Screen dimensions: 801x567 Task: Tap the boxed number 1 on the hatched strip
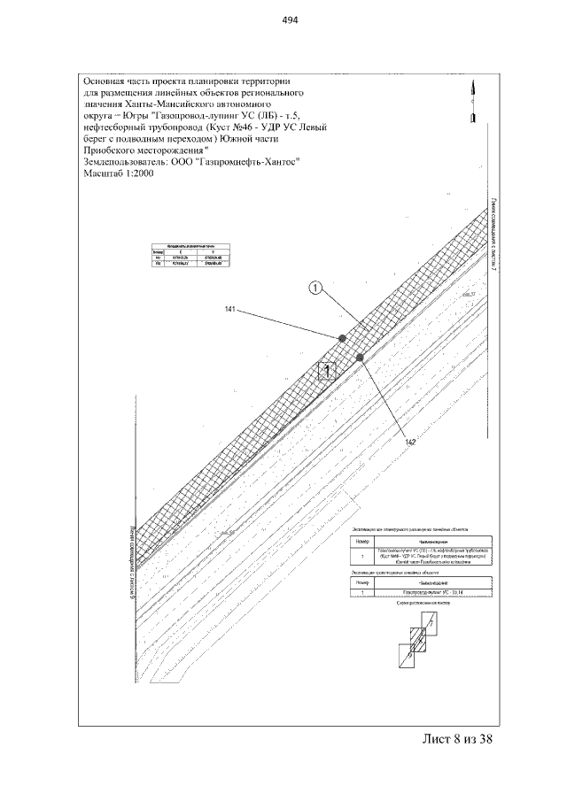328,371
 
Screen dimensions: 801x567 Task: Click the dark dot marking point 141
341,337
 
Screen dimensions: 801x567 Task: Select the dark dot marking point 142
359,357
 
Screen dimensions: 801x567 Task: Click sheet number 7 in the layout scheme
431,623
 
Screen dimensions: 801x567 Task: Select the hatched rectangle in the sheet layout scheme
417,639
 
